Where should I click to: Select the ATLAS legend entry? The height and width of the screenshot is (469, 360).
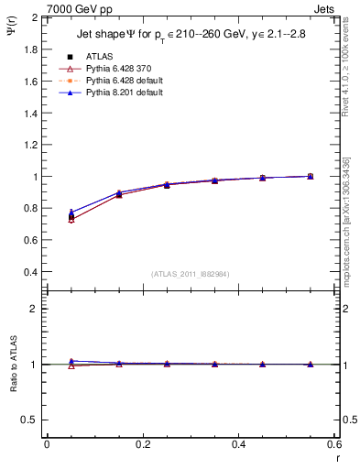[99, 56]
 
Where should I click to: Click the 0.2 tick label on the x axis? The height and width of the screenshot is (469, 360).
[142, 444]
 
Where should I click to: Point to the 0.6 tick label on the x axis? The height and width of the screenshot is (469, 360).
[333, 444]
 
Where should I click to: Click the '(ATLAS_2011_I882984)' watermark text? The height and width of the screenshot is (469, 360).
[191, 274]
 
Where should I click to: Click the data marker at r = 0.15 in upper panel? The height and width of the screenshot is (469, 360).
[119, 193]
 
